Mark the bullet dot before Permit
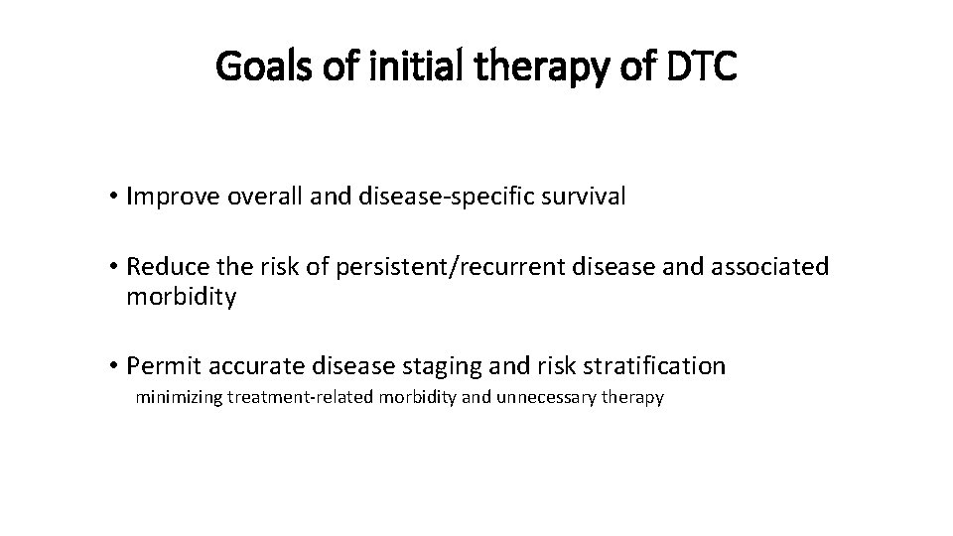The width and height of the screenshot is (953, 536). [116, 367]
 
